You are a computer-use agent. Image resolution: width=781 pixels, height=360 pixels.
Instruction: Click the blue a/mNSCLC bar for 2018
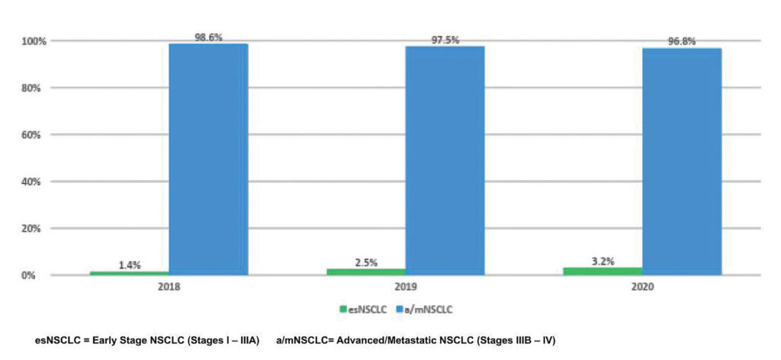[x=208, y=159]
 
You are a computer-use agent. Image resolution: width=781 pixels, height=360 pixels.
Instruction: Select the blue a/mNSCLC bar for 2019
[x=445, y=160]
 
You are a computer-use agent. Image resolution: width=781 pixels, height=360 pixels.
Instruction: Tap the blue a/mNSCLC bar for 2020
[x=682, y=161]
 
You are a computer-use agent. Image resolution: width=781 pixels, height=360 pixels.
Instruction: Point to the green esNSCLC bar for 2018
[x=129, y=272]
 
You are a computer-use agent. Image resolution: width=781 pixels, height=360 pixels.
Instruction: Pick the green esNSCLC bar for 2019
[x=366, y=271]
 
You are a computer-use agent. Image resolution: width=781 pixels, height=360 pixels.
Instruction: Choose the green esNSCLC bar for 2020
[x=603, y=270]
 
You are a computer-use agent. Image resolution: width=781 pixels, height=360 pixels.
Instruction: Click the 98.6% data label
[x=208, y=37]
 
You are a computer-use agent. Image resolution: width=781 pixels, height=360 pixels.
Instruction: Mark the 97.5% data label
[x=445, y=40]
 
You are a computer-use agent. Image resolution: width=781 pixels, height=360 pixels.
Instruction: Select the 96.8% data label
[x=682, y=41]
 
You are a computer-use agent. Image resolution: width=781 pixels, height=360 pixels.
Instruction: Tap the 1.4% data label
[x=129, y=265]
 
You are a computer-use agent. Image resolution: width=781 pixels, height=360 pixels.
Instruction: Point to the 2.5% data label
[x=366, y=262]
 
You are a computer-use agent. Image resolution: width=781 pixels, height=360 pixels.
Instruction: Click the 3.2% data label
[x=603, y=261]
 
